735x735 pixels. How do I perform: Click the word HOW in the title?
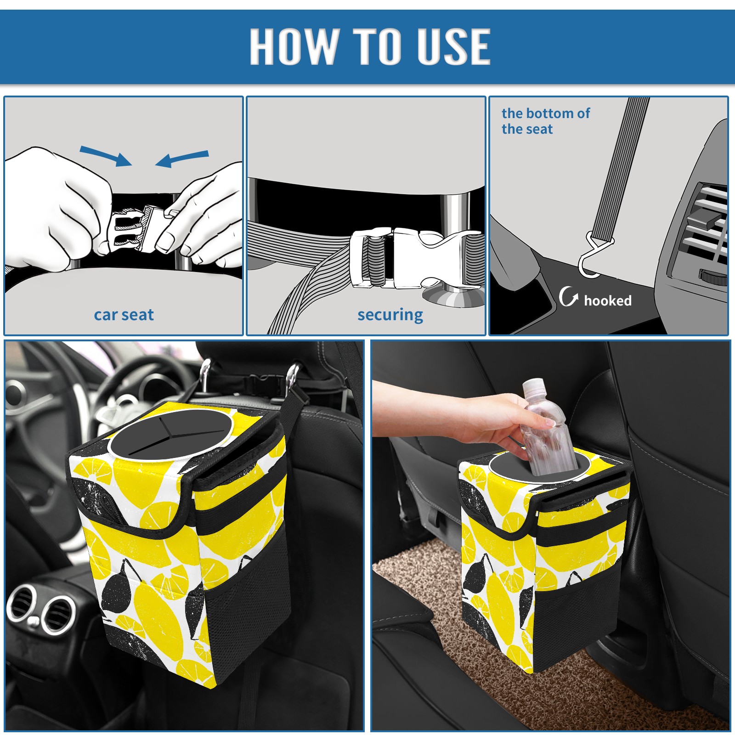(293, 46)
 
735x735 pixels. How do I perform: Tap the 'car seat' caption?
(124, 315)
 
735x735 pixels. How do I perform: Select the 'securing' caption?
(390, 315)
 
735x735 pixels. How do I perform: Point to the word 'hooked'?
(608, 300)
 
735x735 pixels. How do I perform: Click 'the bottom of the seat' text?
(545, 121)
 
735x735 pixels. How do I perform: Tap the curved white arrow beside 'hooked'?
(568, 296)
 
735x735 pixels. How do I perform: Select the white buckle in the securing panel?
(416, 258)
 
